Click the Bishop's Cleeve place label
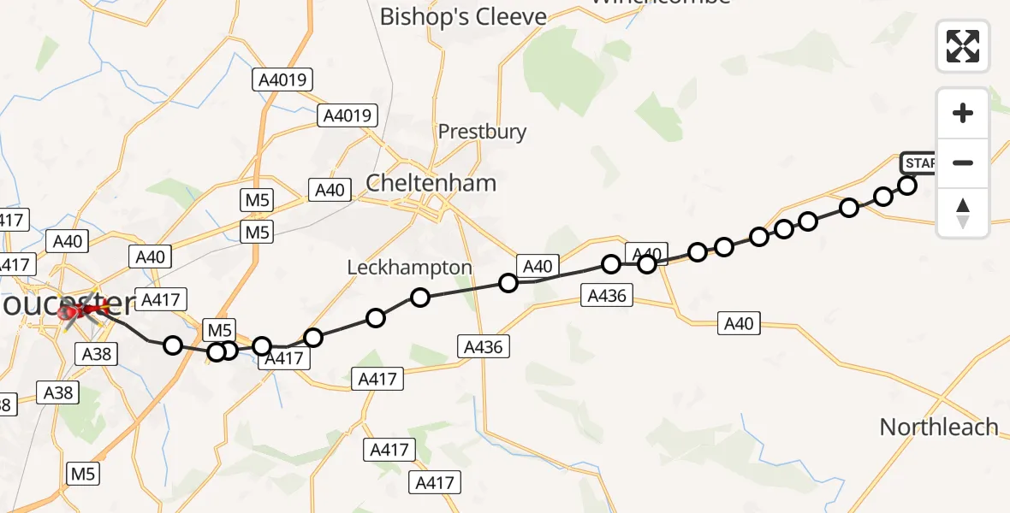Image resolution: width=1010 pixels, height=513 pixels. tap(463, 16)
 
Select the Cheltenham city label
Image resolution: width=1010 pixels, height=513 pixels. tap(431, 183)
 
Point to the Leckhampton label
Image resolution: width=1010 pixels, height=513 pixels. tap(409, 268)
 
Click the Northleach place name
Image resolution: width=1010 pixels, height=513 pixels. tap(939, 427)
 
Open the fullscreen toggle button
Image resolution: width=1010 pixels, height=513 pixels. tap(963, 46)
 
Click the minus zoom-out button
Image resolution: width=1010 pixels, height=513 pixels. tap(963, 162)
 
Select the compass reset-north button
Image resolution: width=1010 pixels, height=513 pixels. tap(963, 212)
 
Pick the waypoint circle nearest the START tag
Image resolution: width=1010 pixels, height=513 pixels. tap(907, 186)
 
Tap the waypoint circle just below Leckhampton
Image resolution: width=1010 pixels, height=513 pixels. tap(420, 298)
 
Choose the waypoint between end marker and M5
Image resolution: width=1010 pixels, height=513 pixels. tap(173, 345)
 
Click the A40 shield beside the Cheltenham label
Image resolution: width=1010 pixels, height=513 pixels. tap(330, 190)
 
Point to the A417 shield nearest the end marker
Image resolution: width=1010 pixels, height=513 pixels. tap(159, 299)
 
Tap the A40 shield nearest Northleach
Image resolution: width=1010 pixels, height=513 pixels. tap(739, 324)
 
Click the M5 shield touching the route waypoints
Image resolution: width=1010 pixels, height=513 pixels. tap(219, 330)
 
